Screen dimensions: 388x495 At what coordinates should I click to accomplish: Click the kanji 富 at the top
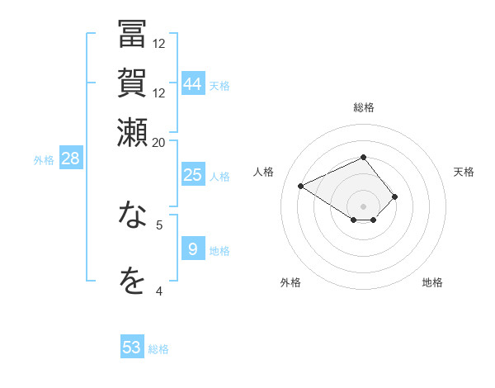point(132,35)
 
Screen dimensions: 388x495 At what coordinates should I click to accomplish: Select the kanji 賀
point(132,83)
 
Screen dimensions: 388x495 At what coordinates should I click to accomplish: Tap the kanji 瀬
point(132,132)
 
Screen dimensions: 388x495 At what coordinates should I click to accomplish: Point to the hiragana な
point(132,215)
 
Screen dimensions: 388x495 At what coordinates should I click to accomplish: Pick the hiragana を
point(132,282)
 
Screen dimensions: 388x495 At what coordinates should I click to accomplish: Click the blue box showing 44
point(193,83)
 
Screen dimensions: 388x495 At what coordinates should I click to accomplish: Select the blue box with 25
point(193,174)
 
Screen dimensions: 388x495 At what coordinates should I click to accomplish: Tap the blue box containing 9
point(193,248)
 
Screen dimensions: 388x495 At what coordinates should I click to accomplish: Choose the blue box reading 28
point(71,159)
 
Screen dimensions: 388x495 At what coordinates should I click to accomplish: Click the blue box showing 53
point(132,348)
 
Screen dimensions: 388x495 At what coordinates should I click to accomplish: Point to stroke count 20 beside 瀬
point(159,142)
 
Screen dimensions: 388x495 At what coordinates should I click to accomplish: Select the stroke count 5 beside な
point(159,224)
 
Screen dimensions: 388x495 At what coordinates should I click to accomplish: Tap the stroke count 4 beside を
point(159,291)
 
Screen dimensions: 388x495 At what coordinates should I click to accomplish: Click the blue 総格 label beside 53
point(159,349)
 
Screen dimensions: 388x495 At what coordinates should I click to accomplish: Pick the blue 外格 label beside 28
point(44,160)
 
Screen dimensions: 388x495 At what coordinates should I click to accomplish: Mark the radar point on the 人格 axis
point(301,187)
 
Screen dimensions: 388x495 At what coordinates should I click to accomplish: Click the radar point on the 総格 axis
point(363,157)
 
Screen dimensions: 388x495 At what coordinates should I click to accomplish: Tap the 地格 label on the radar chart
point(432,282)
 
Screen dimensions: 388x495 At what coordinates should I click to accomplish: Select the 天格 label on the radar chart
point(464,172)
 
